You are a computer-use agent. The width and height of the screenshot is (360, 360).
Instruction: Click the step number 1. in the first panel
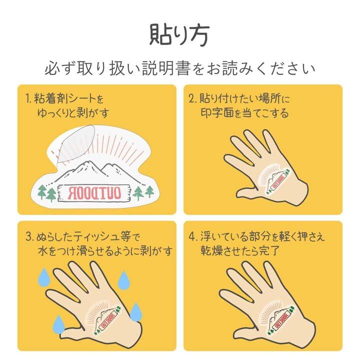click(29, 98)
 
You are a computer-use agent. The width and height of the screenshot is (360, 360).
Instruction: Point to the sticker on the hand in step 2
click(274, 181)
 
